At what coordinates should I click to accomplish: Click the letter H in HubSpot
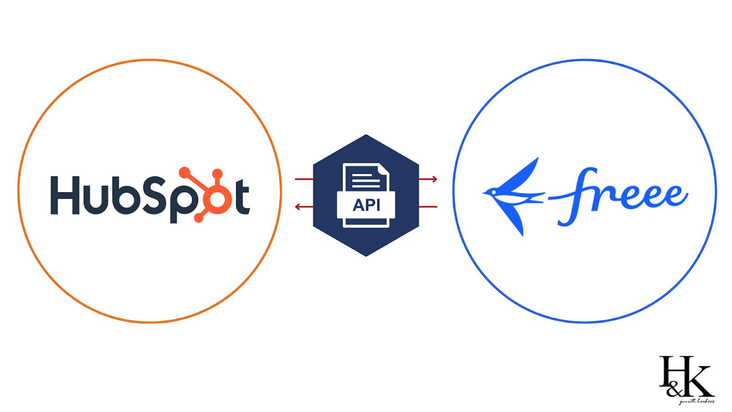(x=65, y=195)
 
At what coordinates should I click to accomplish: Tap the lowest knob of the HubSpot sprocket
(x=199, y=218)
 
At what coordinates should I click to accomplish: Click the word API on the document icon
(x=366, y=205)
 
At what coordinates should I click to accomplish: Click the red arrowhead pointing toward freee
(x=434, y=179)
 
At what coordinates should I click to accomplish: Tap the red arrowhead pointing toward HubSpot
(x=298, y=207)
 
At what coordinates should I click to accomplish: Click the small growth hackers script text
(x=696, y=401)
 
